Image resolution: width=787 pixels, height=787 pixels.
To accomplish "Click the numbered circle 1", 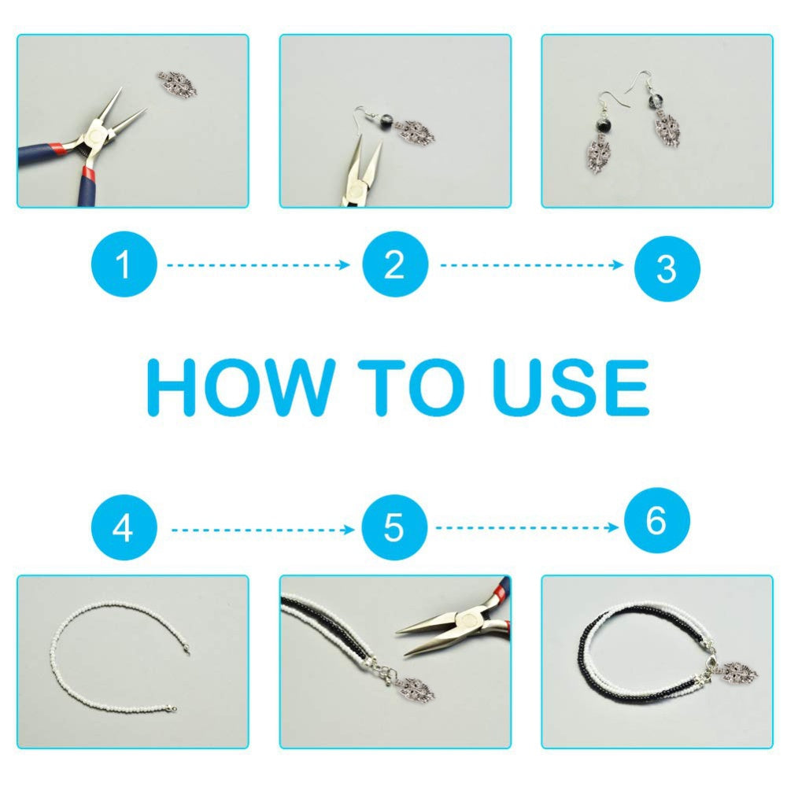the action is (124, 264).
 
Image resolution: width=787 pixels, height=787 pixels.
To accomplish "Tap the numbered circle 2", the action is (395, 264).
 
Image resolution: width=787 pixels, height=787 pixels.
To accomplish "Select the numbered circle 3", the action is (667, 268).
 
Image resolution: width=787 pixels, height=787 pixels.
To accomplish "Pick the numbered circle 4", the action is (124, 527).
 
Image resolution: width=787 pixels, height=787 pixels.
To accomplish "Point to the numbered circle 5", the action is (394, 527).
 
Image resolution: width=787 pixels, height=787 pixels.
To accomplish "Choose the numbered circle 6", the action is (656, 520).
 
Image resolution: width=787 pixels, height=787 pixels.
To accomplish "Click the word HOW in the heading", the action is (241, 387).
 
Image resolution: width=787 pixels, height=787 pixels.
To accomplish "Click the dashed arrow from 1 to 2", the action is (258, 265).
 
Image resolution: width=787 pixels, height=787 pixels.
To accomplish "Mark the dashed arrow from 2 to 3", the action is (532, 265).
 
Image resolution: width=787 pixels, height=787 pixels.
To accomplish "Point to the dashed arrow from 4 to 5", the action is (263, 530).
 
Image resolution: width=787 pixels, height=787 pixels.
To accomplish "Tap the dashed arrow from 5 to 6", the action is (527, 527).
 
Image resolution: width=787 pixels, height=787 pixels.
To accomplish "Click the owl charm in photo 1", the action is (177, 84).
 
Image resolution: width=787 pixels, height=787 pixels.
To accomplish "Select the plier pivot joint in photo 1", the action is (95, 135).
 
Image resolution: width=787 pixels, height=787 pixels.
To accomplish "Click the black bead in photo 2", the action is (387, 120).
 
